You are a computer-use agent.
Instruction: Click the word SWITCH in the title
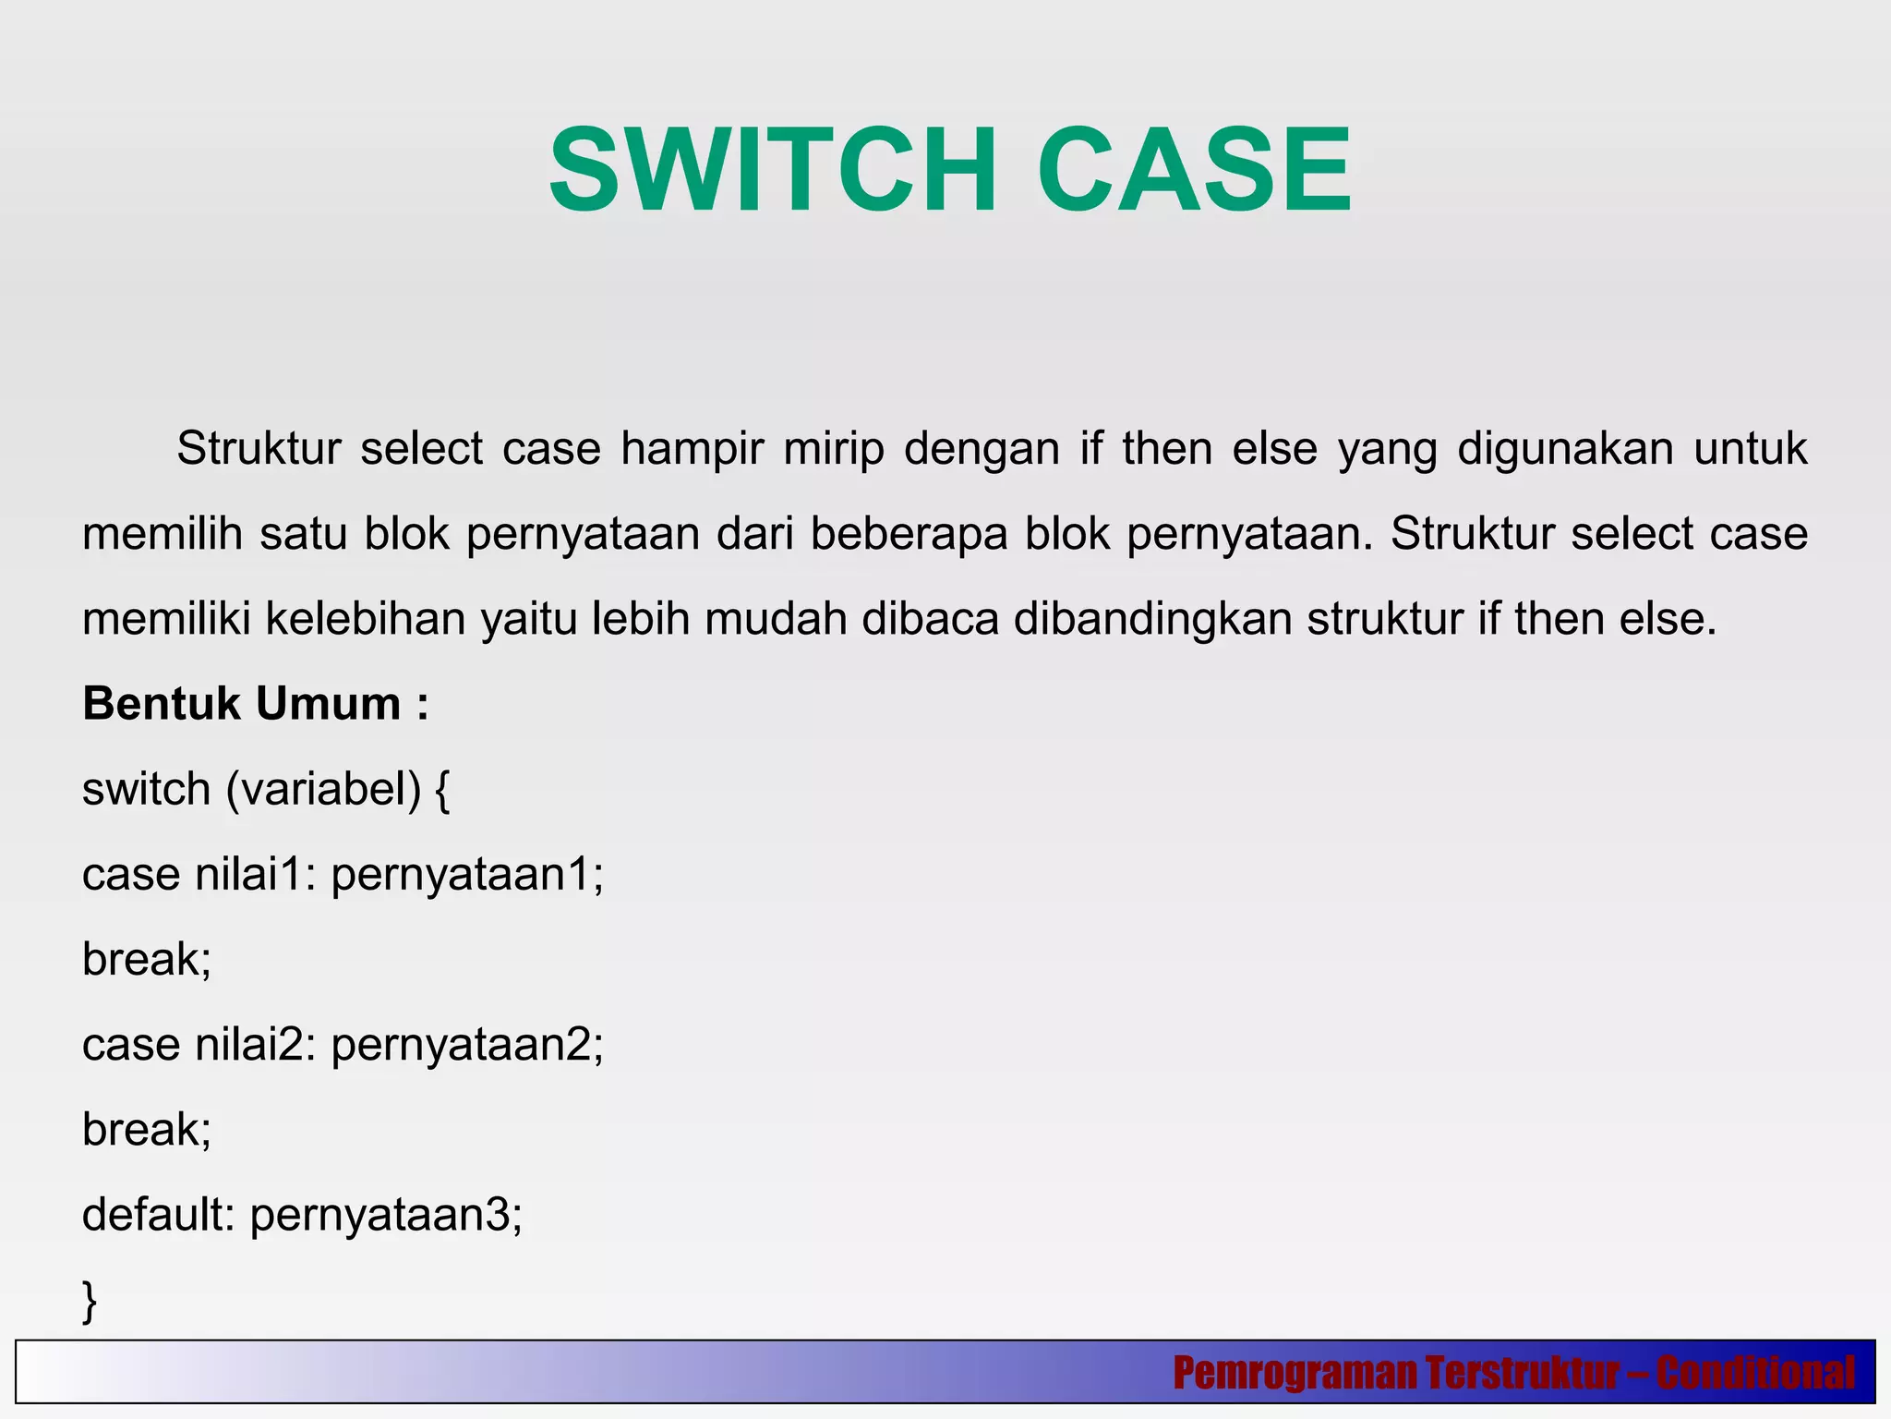[772, 172]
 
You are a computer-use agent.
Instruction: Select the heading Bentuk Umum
[256, 704]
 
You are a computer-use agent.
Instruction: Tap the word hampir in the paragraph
[692, 450]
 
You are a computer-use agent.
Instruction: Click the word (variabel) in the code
[323, 791]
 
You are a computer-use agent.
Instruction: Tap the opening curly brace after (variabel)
[441, 791]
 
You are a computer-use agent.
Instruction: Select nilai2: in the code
[256, 1046]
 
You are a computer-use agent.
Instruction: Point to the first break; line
[147, 960]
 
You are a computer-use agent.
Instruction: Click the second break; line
[147, 1130]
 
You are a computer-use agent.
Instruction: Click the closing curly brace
[90, 1301]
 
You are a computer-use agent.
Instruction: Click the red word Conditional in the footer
[1754, 1373]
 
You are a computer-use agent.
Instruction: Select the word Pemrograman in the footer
[1295, 1373]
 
